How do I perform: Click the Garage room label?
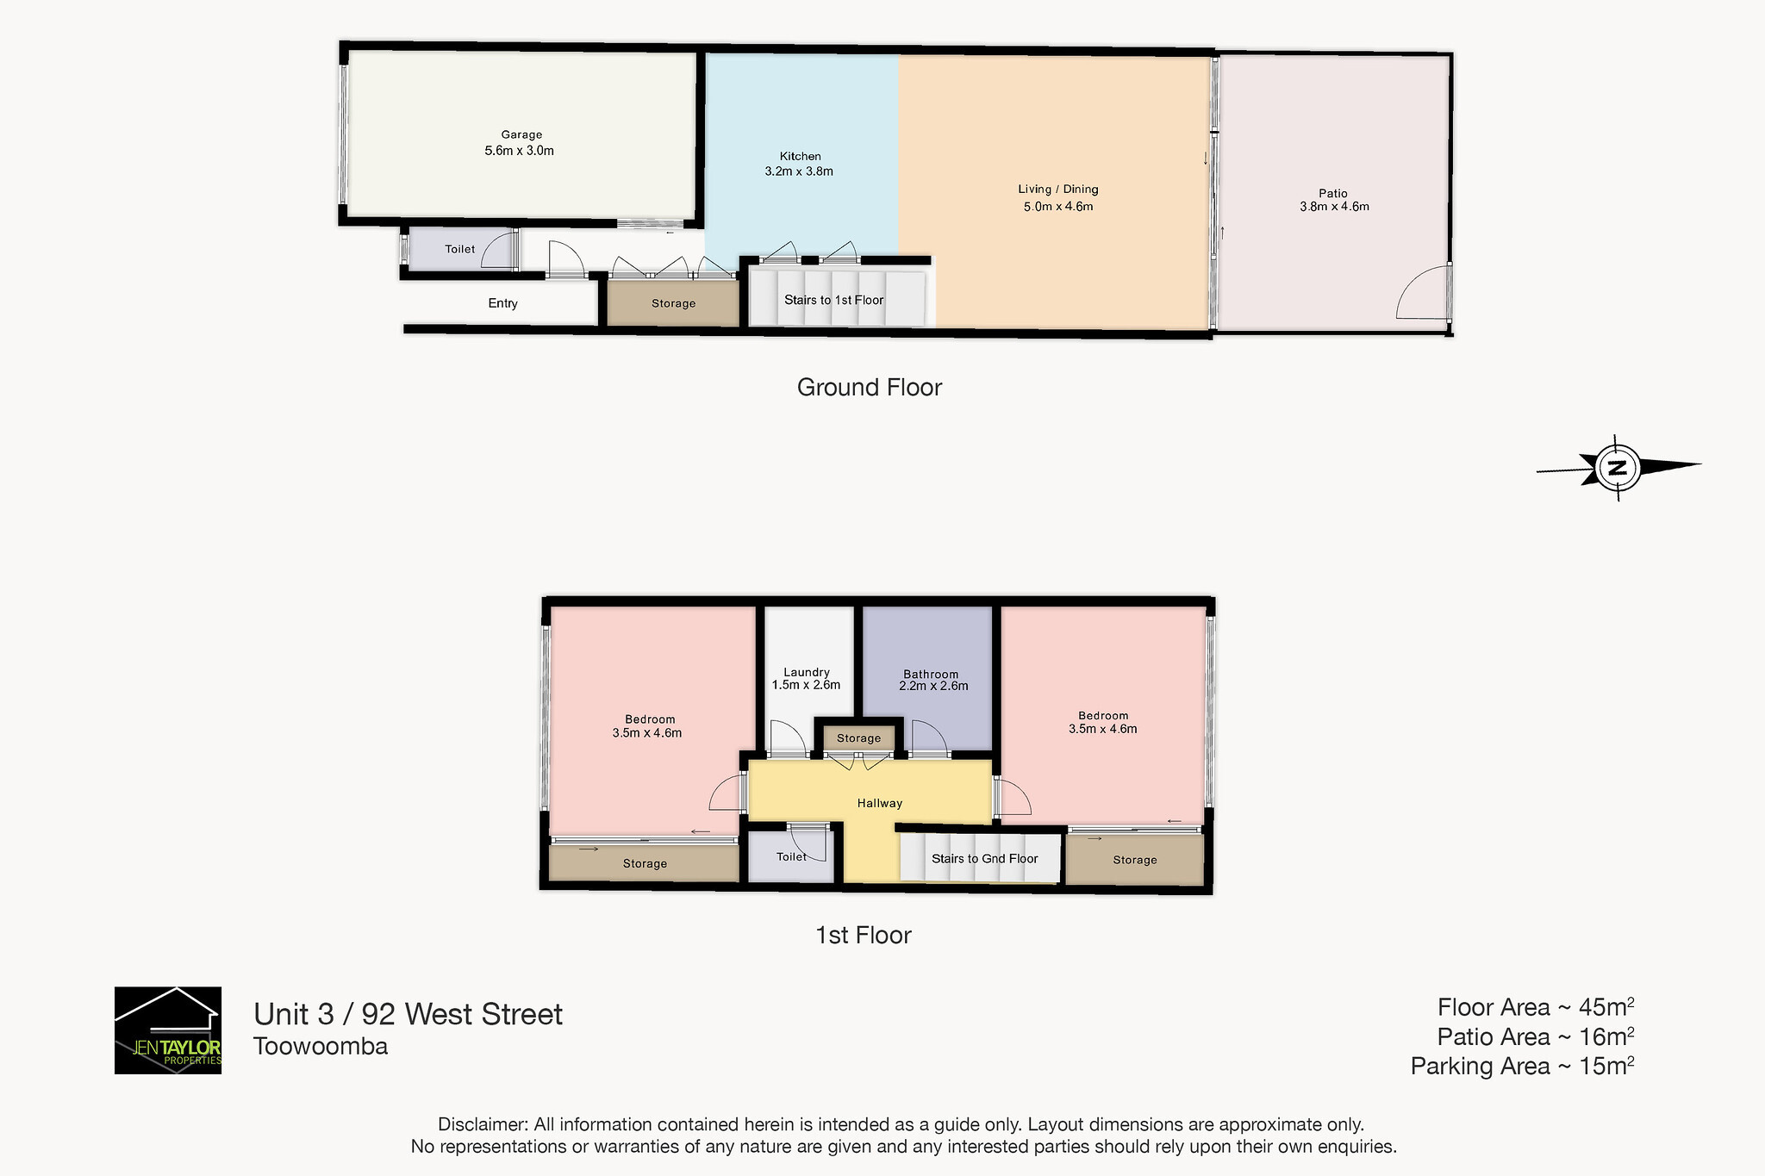click(x=521, y=134)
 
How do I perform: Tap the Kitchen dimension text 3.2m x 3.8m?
click(x=799, y=171)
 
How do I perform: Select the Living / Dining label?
click(x=1058, y=190)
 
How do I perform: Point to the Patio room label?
click(x=1332, y=193)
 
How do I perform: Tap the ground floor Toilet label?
click(x=460, y=249)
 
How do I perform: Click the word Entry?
click(x=503, y=303)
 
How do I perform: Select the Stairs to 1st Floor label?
click(x=834, y=300)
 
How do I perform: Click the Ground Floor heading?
click(x=870, y=388)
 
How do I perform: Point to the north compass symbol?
click(x=1618, y=468)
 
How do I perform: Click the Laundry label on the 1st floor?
click(x=807, y=672)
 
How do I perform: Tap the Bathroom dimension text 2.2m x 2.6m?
click(x=933, y=687)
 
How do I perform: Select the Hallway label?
click(x=880, y=803)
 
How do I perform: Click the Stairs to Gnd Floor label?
click(x=985, y=858)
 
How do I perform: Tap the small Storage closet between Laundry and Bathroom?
click(x=859, y=738)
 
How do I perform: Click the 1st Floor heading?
click(x=864, y=936)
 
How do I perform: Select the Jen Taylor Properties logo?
click(x=168, y=1030)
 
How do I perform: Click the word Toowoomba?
click(x=321, y=1046)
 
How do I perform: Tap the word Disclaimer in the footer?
click(x=483, y=1124)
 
